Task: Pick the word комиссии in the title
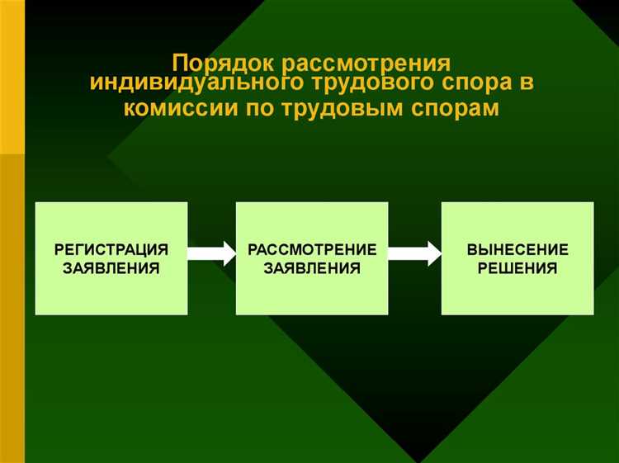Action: tap(174, 109)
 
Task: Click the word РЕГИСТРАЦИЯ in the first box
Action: tap(111, 249)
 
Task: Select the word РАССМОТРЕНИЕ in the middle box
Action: tap(313, 249)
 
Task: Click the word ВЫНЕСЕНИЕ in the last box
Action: tap(517, 249)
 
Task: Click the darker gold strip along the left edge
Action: tap(12, 305)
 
